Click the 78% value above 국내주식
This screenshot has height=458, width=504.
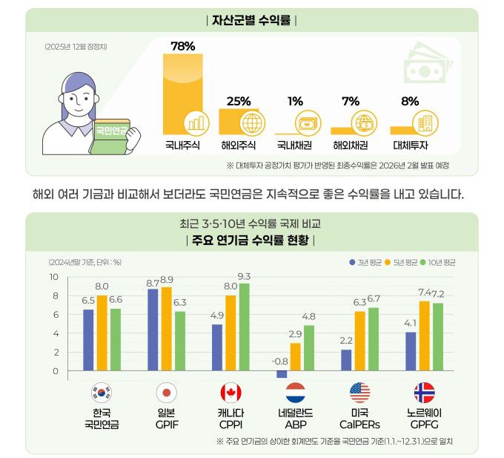tap(182, 46)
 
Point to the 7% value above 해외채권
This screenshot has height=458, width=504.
tap(351, 101)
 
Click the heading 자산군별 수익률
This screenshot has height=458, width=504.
tap(251, 20)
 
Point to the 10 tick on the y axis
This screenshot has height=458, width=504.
tap(53, 277)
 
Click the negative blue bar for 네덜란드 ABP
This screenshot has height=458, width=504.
tap(282, 374)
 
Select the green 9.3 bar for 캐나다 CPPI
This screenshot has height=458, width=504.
tap(244, 327)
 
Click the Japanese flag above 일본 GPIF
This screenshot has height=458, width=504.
tap(167, 393)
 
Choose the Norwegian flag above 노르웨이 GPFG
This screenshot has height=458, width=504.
tap(424, 393)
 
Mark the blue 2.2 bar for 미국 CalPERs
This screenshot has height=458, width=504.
tap(346, 360)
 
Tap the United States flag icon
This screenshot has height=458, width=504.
tap(359, 393)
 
